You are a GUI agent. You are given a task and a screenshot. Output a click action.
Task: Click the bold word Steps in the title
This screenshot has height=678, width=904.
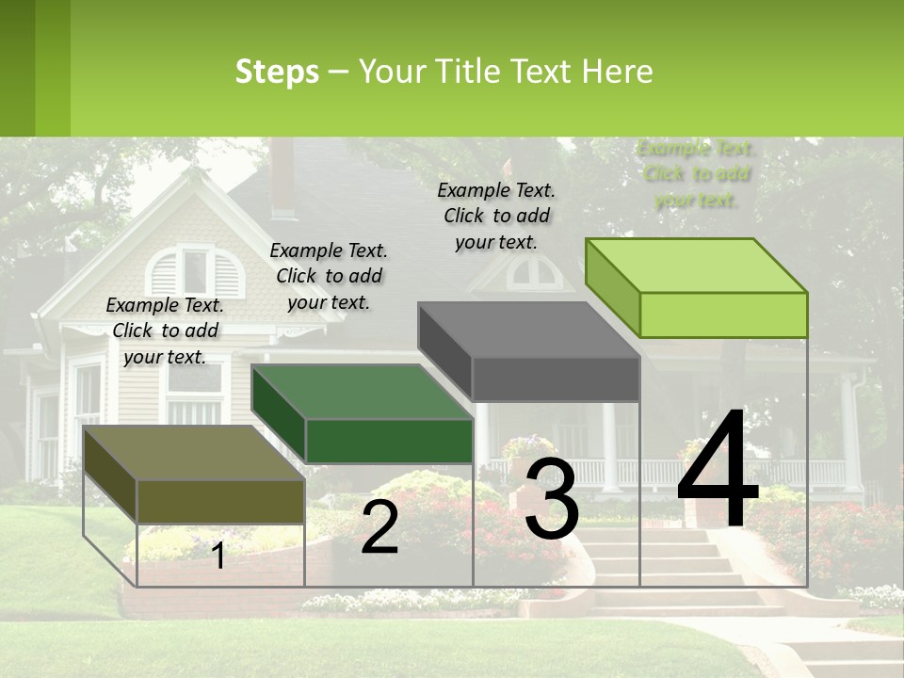pos(277,73)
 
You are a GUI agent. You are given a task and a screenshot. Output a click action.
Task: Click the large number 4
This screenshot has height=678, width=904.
pos(718,471)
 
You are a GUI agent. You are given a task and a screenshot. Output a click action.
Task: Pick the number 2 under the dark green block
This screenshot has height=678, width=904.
pos(379,528)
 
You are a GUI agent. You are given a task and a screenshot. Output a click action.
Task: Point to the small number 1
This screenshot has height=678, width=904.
pos(218,557)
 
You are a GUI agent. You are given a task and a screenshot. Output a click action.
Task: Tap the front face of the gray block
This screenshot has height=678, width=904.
pos(556,379)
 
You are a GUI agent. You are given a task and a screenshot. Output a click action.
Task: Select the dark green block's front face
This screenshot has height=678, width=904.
pos(389,441)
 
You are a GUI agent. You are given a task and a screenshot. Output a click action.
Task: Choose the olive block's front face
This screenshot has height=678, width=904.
pos(220,501)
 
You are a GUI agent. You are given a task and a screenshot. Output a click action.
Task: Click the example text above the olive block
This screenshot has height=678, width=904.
pos(165,331)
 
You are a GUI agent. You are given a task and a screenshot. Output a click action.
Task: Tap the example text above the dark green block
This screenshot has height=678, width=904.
pos(329,276)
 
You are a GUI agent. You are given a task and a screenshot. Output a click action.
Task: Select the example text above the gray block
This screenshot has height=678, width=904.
pos(496,216)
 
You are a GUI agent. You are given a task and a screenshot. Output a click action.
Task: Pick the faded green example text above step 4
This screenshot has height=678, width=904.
pos(697,174)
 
